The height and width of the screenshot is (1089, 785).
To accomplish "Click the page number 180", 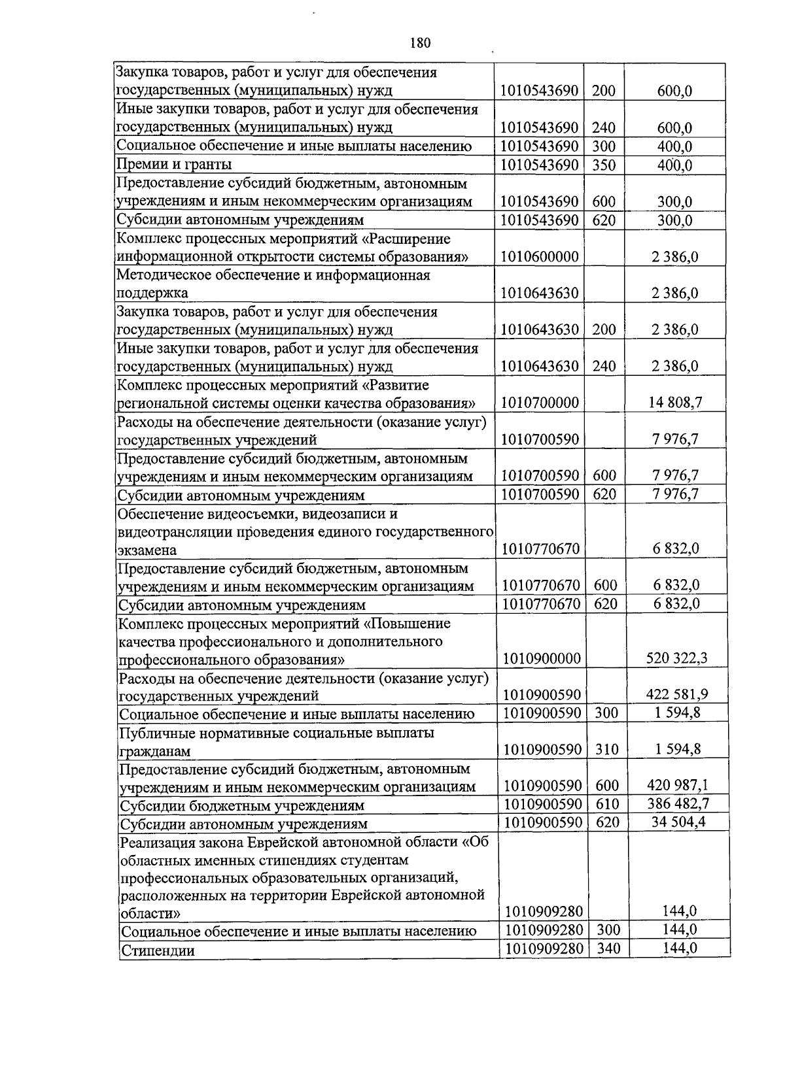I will [x=419, y=43].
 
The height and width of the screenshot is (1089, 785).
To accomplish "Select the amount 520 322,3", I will [x=676, y=658].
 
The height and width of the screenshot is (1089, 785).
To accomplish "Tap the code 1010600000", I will [x=540, y=257].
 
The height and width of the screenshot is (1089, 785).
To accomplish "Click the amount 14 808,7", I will [x=675, y=403].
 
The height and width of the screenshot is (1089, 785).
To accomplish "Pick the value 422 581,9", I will [x=676, y=695].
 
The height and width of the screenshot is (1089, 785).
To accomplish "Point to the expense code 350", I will [x=604, y=165].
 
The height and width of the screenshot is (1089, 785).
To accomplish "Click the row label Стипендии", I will [x=158, y=951].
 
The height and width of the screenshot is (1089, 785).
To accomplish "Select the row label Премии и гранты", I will [x=174, y=165].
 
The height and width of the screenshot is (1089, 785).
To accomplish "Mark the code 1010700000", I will [x=540, y=403].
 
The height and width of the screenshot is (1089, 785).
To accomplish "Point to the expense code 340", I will [x=608, y=948].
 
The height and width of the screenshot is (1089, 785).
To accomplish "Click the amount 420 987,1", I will [x=677, y=786].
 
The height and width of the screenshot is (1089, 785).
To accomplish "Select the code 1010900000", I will [x=541, y=658].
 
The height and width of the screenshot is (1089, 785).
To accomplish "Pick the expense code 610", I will [x=607, y=803].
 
